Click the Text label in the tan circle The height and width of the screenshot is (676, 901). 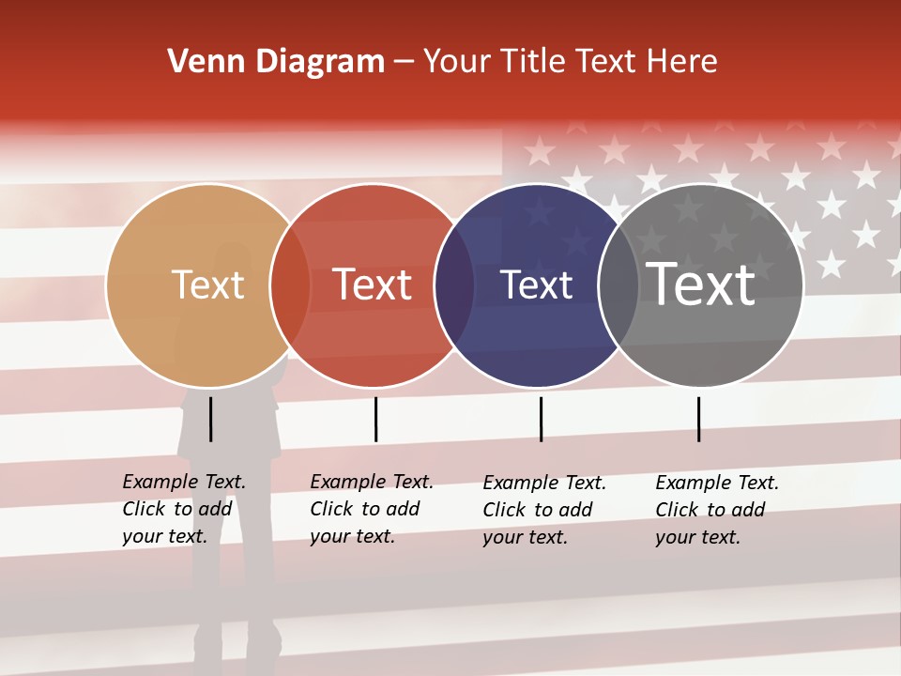tap(207, 284)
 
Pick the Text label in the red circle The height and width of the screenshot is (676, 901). tap(372, 284)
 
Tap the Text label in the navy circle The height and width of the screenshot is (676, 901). tap(536, 285)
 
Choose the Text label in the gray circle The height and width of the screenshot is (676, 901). tap(701, 284)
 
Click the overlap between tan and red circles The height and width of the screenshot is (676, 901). tap(290, 285)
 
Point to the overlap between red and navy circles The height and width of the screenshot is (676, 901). tap(454, 285)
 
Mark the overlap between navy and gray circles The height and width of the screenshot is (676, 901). tap(618, 285)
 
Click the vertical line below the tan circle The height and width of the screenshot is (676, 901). tap(210, 419)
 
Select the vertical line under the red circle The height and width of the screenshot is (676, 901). tap(375, 419)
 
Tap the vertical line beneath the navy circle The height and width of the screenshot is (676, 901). tap(541, 419)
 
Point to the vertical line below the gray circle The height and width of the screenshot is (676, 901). tap(698, 419)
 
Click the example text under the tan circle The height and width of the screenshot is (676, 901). tap(184, 509)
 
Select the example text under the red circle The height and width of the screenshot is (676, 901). tap(372, 509)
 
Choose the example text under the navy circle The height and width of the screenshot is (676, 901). tap(544, 510)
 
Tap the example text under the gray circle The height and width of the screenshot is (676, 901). tap(717, 510)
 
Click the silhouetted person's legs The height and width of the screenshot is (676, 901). tap(234, 601)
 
